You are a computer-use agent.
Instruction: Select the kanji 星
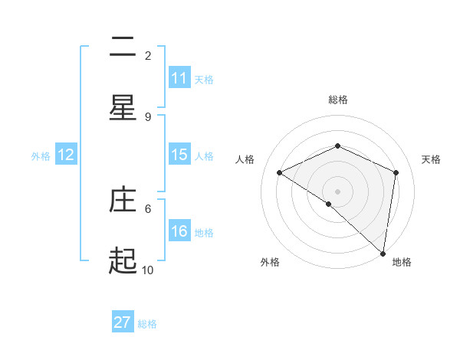pyautogui.click(x=123, y=109)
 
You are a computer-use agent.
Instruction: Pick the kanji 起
pyautogui.click(x=123, y=262)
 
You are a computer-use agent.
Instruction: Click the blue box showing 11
pyautogui.click(x=179, y=78)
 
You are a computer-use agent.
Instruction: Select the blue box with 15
pyautogui.click(x=179, y=155)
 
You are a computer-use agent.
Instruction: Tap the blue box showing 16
pyautogui.click(x=179, y=231)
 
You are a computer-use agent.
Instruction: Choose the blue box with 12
pyautogui.click(x=66, y=155)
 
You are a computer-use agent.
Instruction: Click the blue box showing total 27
pyautogui.click(x=123, y=322)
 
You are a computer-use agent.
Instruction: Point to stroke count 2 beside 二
pyautogui.click(x=148, y=55)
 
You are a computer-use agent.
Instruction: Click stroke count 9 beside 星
pyautogui.click(x=148, y=116)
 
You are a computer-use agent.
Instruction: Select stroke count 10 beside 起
pyautogui.click(x=148, y=270)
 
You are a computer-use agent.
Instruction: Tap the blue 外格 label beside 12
pyautogui.click(x=41, y=155)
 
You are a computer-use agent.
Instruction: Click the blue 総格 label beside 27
pyautogui.click(x=147, y=323)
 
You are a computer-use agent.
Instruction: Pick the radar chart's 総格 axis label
pyautogui.click(x=337, y=100)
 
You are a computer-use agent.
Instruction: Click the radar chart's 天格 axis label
pyautogui.click(x=431, y=159)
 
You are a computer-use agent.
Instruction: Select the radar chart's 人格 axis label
pyautogui.click(x=245, y=159)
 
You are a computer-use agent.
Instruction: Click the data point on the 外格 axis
pyautogui.click(x=328, y=204)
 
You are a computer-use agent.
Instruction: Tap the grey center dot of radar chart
pyautogui.click(x=337, y=191)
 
